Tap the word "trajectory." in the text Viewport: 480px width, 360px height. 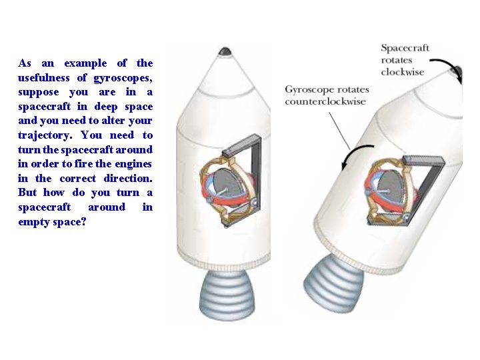point(45,135)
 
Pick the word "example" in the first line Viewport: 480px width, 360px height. point(85,63)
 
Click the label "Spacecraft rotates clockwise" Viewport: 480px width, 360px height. point(405,60)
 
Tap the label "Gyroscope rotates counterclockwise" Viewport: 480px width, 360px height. point(325,95)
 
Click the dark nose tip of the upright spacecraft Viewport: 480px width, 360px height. point(225,51)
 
